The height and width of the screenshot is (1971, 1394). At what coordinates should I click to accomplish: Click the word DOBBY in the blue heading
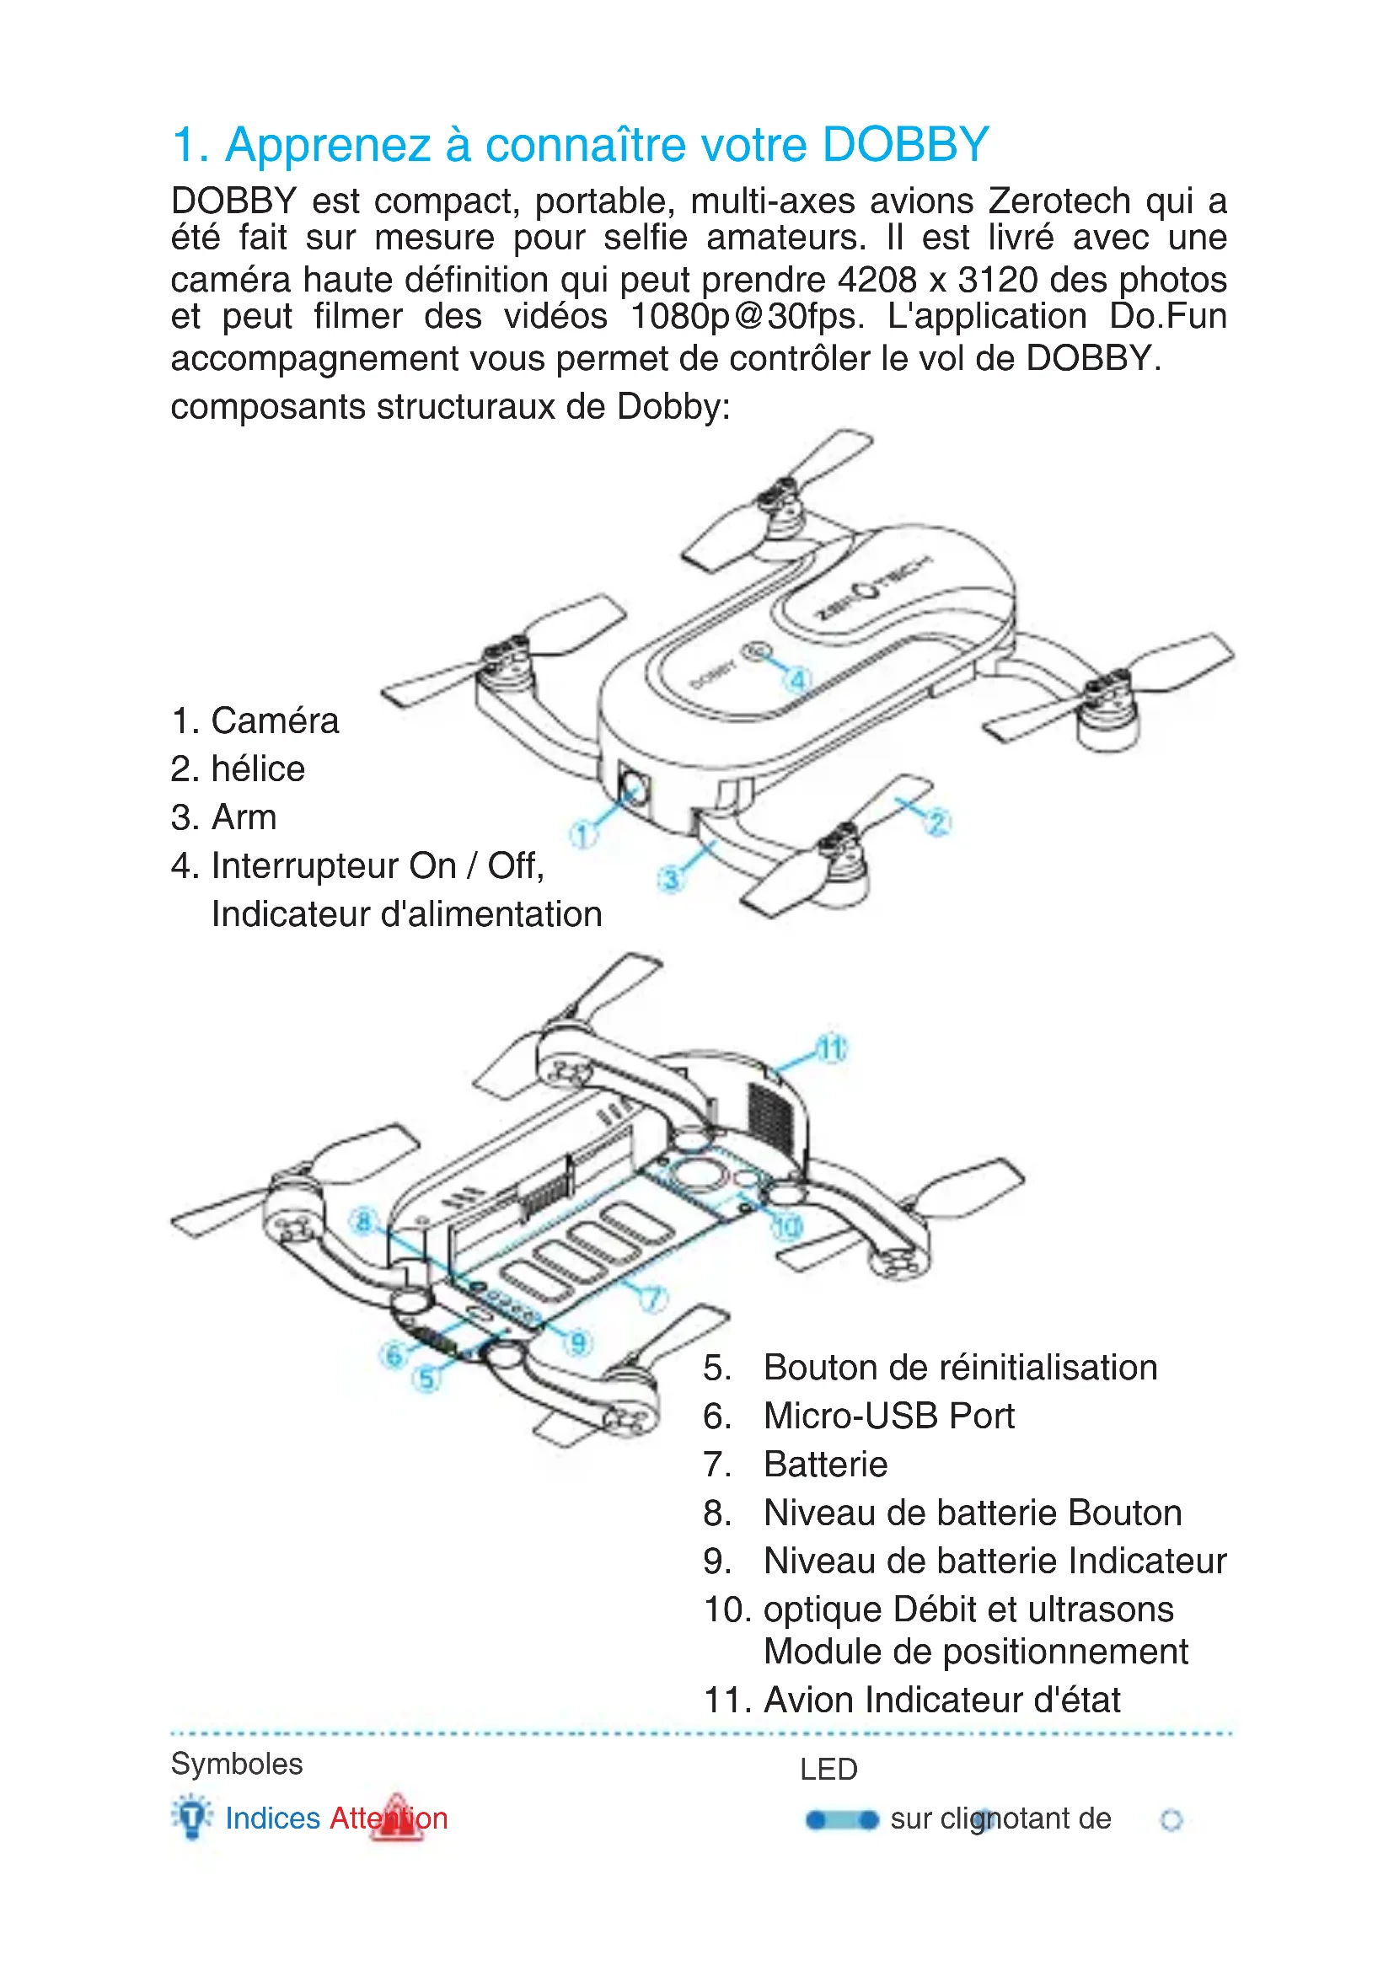[904, 144]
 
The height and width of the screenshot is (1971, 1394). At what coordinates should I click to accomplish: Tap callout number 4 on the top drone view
[797, 680]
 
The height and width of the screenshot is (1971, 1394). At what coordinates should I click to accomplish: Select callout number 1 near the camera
[583, 833]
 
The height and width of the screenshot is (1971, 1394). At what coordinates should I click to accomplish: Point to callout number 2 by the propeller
[936, 822]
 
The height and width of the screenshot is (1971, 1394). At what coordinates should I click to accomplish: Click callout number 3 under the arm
[670, 879]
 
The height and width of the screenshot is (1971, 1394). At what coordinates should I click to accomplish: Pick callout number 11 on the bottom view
[831, 1048]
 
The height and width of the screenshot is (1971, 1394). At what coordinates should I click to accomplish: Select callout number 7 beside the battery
[653, 1298]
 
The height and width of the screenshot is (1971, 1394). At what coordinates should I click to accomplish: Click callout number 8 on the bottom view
[364, 1222]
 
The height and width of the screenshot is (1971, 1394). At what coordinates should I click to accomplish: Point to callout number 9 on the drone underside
[578, 1342]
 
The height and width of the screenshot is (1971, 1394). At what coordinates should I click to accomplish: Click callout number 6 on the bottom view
[394, 1356]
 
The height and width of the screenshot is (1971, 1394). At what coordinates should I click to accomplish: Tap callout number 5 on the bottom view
[426, 1379]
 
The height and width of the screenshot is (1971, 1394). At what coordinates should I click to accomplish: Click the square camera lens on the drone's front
[635, 789]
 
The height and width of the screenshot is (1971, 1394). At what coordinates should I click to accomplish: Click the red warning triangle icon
[396, 1817]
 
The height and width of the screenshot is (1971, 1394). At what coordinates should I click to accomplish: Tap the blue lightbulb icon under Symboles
[192, 1816]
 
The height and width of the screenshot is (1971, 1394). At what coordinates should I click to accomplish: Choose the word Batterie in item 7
[825, 1465]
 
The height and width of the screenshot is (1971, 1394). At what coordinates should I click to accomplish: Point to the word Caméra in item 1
[275, 721]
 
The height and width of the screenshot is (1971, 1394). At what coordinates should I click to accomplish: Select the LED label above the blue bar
[828, 1770]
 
